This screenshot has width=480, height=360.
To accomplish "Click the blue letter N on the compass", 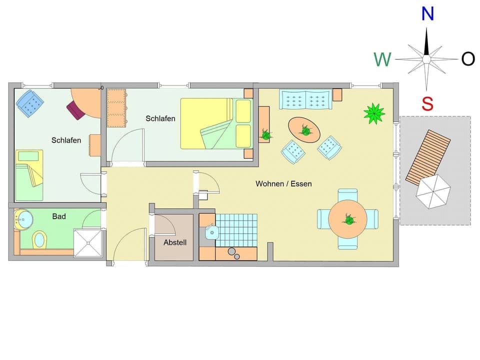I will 427,13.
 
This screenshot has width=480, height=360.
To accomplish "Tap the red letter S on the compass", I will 427,104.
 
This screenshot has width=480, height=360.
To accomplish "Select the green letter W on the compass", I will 382,59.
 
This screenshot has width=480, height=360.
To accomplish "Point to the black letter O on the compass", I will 468,59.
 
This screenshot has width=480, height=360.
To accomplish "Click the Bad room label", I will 59,216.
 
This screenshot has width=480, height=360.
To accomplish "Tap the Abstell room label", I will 175,242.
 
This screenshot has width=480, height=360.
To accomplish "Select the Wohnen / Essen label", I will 283,183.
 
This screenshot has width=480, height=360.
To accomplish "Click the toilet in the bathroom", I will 39,239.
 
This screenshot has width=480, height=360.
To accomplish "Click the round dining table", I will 348,219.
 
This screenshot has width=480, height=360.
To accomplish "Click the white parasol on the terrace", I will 433,191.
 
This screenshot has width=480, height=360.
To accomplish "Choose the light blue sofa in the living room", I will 305,99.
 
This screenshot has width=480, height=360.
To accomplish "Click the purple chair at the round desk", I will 75,110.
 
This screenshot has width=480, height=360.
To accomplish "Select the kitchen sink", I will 211,231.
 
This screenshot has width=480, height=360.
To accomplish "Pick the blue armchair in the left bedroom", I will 30,103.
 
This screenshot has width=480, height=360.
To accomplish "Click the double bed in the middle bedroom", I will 215,123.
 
